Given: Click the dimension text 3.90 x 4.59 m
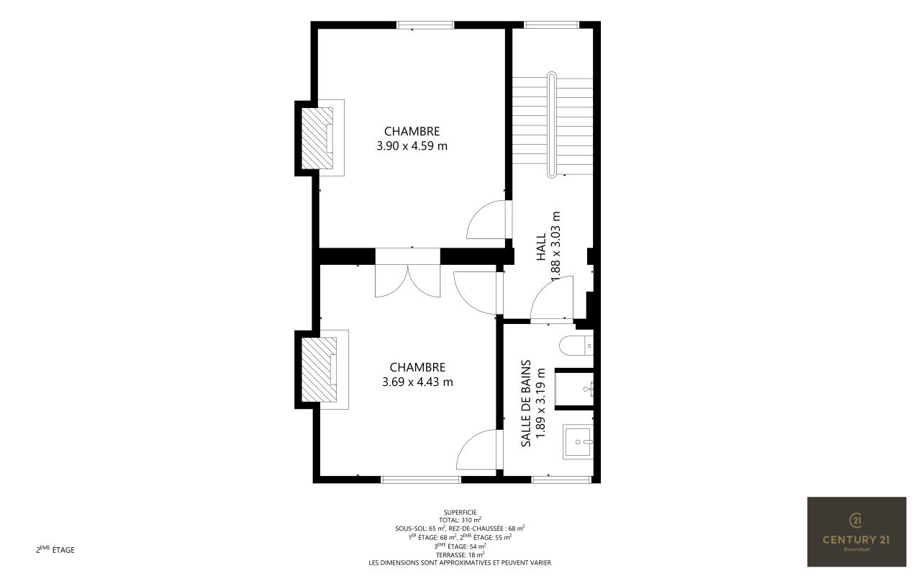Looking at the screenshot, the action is [x=412, y=145].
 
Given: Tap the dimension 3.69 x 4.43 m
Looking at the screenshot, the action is [x=417, y=382].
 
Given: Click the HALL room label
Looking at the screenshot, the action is [x=541, y=247].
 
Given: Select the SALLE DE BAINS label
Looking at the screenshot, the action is [x=526, y=403].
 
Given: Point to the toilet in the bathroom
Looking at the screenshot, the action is [x=576, y=345].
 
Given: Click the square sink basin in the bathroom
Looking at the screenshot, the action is [x=578, y=442].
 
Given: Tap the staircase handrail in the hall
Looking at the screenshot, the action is [x=551, y=125].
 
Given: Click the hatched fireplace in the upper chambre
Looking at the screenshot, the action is [x=317, y=138].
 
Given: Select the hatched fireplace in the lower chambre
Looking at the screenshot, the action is [x=319, y=369].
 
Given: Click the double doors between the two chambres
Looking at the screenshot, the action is [x=407, y=281].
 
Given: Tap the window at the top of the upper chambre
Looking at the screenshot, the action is [x=425, y=25].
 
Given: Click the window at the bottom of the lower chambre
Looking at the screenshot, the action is [x=421, y=480].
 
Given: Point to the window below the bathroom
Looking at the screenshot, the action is [x=561, y=480].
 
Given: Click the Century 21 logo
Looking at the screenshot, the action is [x=857, y=531].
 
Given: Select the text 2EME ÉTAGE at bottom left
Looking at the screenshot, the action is [x=55, y=549].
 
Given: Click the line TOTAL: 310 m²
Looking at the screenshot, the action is [x=460, y=520].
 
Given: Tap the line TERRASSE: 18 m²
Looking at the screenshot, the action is [x=460, y=554].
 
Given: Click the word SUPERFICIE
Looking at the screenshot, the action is [x=460, y=512].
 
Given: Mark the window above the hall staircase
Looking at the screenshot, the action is [x=552, y=25].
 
